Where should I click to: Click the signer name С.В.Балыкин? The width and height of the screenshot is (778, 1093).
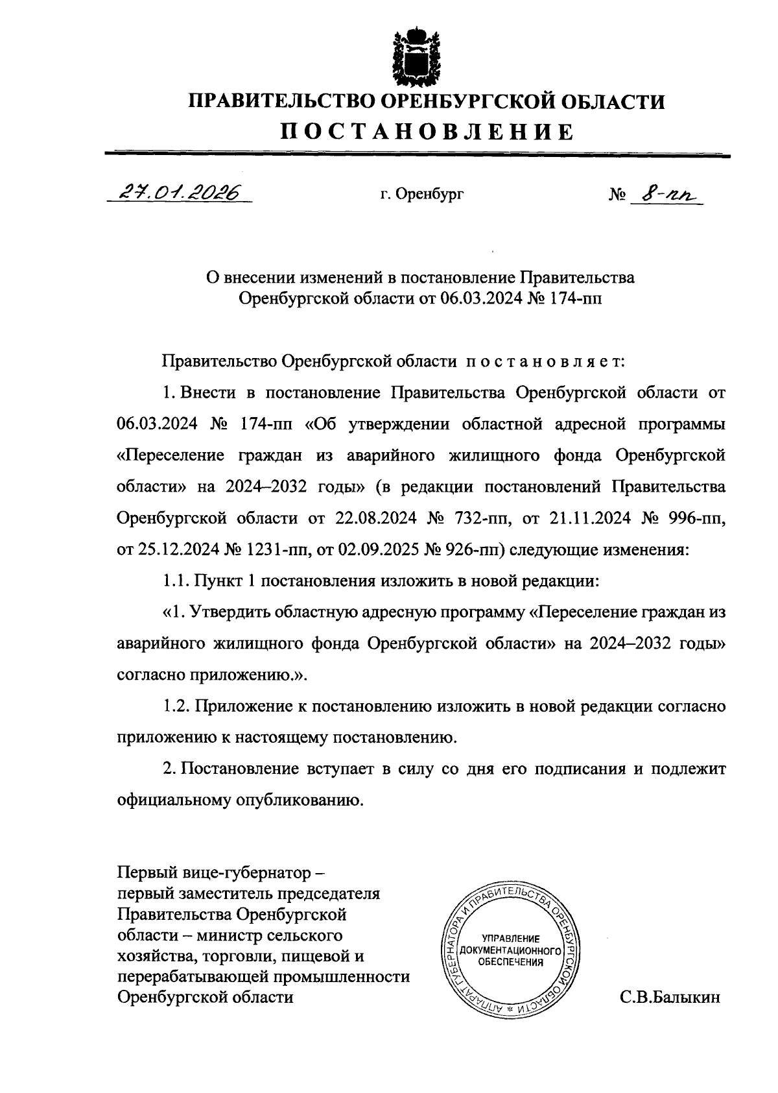click(670, 998)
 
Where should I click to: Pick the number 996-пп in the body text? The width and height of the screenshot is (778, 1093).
click(696, 519)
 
